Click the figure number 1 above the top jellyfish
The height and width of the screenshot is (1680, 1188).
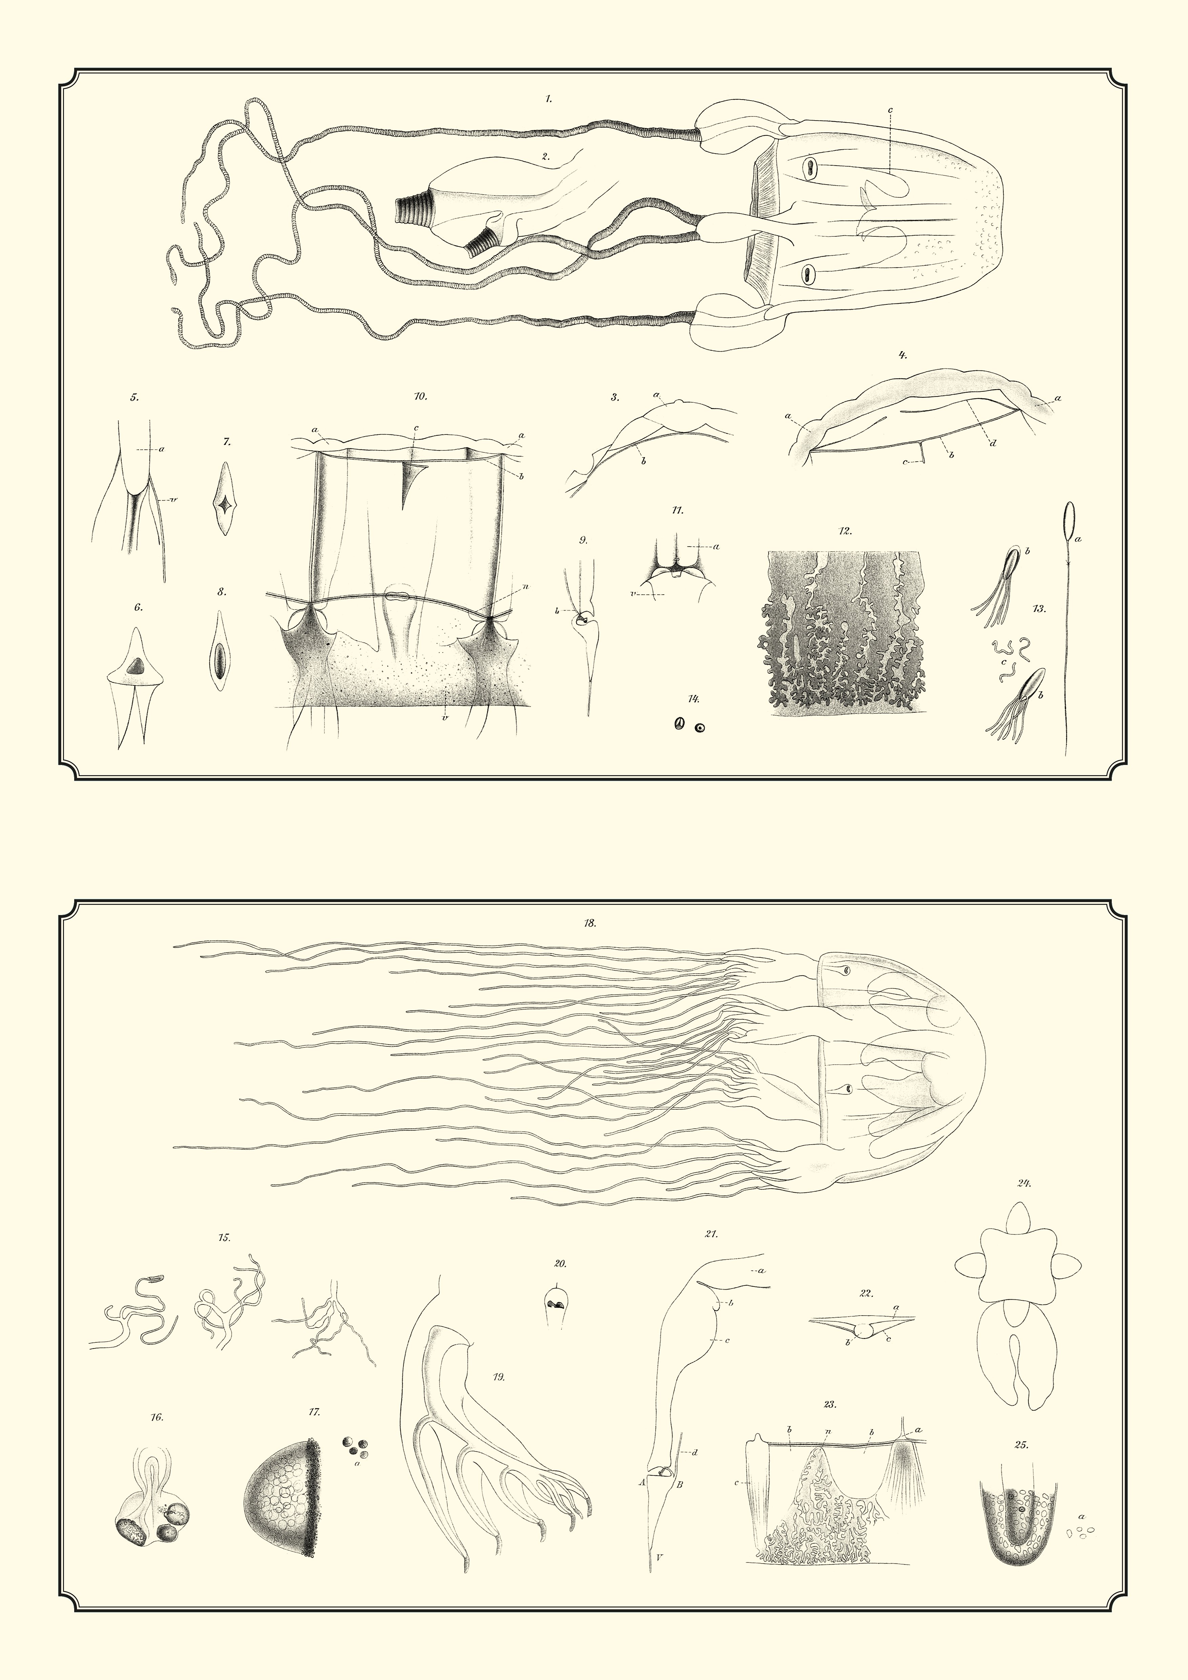click(549, 99)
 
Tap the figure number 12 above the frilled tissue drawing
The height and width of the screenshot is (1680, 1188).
click(846, 531)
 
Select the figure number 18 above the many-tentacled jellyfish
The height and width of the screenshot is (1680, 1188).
click(590, 923)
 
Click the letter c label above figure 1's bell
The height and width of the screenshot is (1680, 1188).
click(890, 110)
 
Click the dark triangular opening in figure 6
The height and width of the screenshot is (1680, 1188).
click(136, 666)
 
